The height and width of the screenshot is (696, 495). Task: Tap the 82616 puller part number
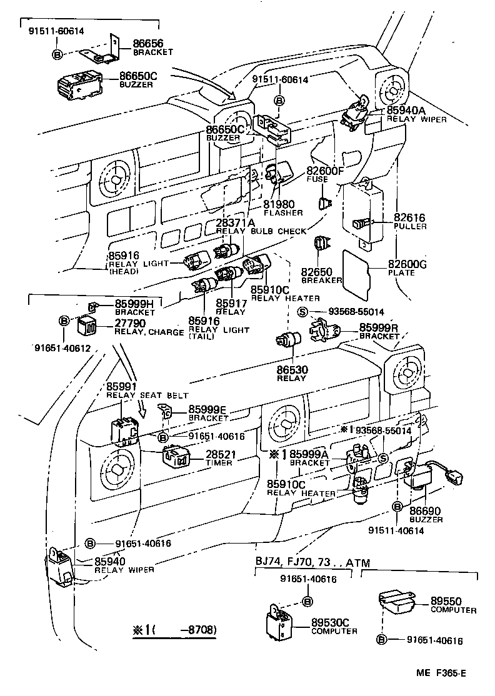(409, 217)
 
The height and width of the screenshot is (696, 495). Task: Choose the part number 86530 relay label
(292, 370)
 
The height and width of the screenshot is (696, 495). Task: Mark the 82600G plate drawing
(357, 272)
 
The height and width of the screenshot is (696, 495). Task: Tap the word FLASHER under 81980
(283, 212)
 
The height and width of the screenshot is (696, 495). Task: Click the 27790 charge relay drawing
(86, 326)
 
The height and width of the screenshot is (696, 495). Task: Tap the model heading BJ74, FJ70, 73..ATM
(304, 562)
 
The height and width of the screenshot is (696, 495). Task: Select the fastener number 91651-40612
(62, 348)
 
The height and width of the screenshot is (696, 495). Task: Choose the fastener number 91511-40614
(396, 530)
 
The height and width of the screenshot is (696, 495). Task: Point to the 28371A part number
(236, 223)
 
